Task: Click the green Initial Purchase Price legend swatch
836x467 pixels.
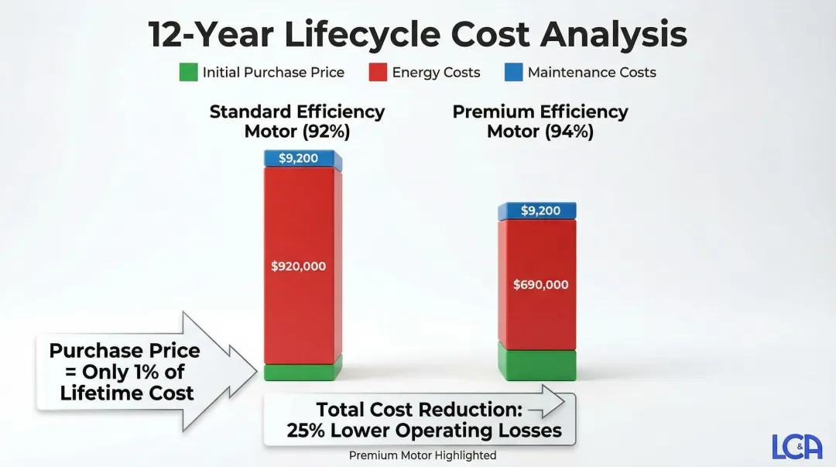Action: (188, 73)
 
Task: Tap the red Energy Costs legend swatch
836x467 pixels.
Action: (378, 73)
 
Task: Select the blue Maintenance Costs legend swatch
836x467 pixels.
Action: (513, 73)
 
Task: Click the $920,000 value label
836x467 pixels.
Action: (298, 266)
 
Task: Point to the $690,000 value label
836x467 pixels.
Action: (540, 285)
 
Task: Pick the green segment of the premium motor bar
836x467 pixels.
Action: (536, 365)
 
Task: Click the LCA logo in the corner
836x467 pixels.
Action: (797, 447)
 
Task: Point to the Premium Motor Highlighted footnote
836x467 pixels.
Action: (422, 455)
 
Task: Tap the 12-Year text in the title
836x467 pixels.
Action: (207, 35)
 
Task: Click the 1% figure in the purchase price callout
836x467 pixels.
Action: (146, 372)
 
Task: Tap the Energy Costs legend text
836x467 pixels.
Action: (436, 73)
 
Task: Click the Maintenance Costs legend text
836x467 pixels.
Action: (591, 73)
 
